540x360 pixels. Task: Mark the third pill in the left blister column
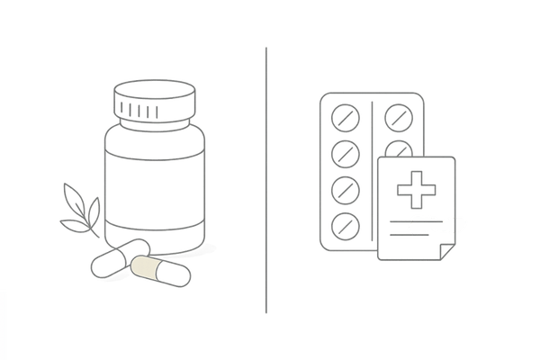pos(345,187)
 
